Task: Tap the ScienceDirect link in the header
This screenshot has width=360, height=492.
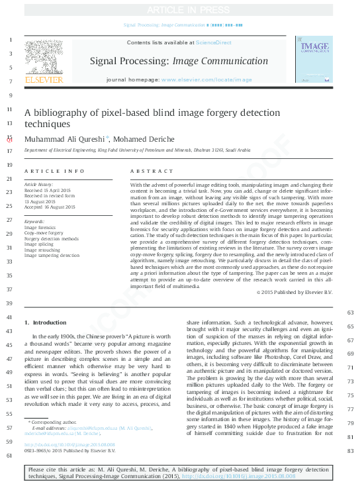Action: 213,42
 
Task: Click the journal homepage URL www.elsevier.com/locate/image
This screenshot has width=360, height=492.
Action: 206,79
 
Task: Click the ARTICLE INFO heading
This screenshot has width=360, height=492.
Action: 55,171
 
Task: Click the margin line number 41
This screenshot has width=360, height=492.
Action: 9,318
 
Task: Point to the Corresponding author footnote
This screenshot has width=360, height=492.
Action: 54,421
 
